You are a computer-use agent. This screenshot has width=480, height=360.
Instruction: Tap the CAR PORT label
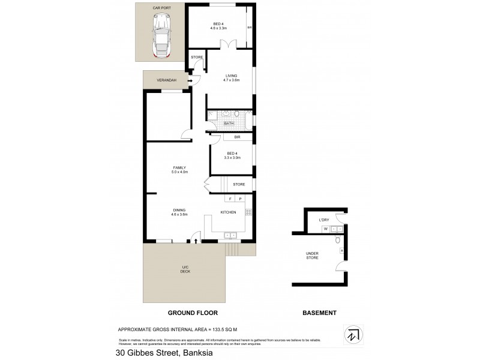click(161, 8)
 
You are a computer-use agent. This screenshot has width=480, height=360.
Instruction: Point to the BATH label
click(229, 124)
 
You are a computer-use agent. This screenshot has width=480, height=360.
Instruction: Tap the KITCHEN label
click(228, 212)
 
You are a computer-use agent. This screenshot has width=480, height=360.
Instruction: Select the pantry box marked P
click(240, 199)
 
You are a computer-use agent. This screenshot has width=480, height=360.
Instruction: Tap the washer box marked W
click(325, 229)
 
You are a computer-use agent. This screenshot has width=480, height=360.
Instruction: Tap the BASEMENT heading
click(319, 313)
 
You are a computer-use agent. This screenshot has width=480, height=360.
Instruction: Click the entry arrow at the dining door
click(197, 242)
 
